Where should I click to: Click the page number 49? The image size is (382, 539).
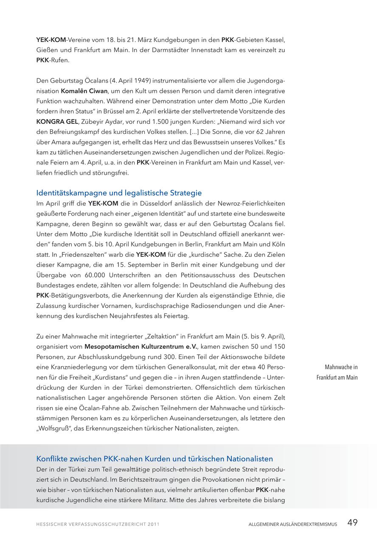tap(352, 522)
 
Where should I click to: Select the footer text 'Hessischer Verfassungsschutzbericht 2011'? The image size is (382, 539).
tap(98, 524)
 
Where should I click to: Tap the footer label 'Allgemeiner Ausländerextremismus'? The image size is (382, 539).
tap(293, 524)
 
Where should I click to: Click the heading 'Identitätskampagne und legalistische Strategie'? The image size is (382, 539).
tap(119, 193)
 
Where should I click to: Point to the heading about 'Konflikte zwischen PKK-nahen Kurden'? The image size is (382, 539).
tap(154, 458)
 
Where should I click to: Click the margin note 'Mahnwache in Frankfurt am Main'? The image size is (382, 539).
tap(337, 372)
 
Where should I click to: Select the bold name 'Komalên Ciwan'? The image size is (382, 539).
tap(84, 91)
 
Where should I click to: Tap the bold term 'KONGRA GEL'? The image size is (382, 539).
tap(57, 122)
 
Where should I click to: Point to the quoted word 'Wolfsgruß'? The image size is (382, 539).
tap(54, 428)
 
